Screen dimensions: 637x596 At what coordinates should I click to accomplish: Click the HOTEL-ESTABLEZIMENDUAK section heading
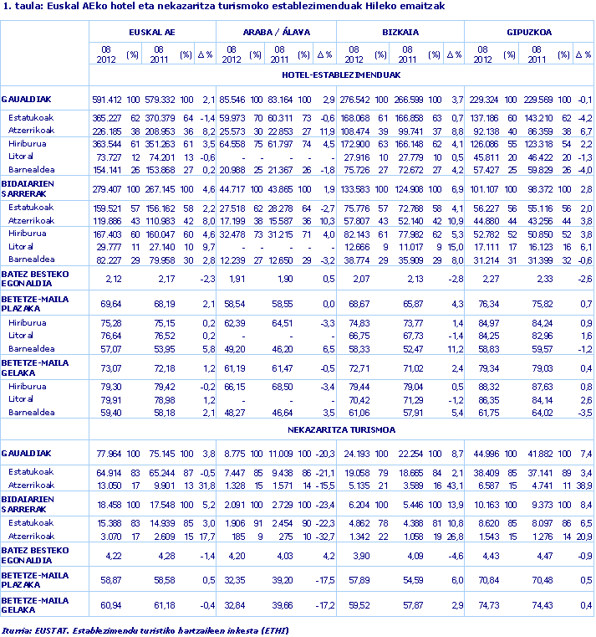point(341,74)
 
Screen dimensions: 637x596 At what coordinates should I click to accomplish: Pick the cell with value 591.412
point(106,100)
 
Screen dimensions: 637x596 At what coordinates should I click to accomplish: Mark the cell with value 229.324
point(481,100)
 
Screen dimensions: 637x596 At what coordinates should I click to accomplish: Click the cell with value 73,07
point(111,367)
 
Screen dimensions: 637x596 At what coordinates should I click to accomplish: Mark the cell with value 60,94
point(111,604)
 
